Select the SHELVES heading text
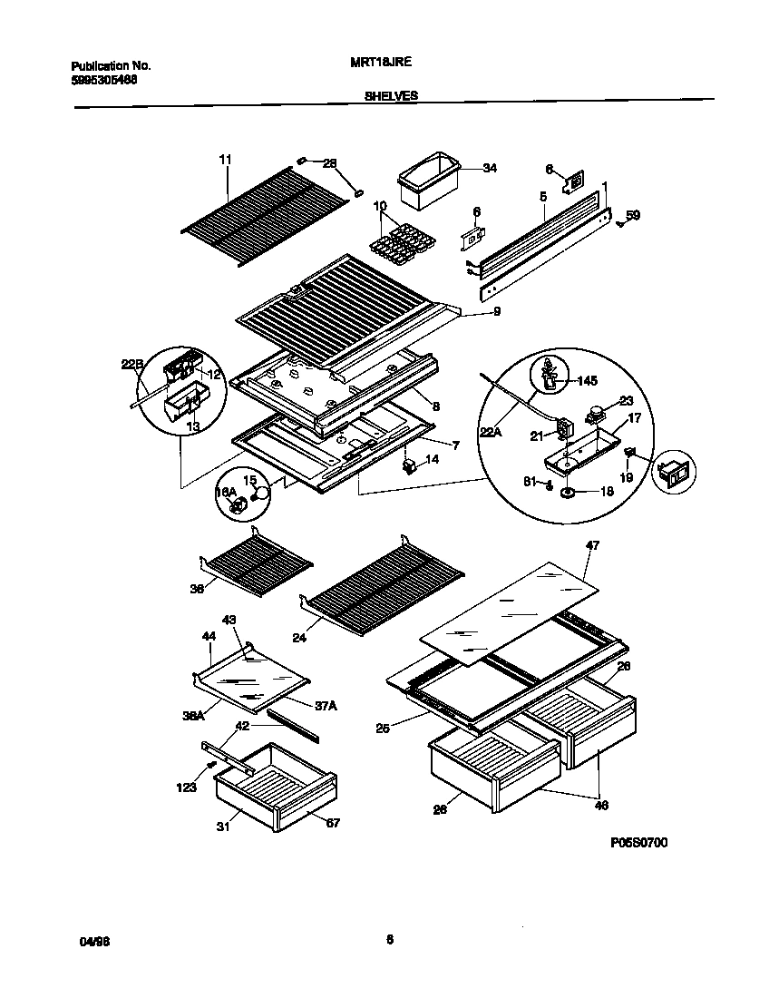coord(391,94)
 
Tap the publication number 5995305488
coord(104,79)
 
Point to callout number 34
coord(490,168)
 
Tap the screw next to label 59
coord(619,221)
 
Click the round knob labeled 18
coord(569,492)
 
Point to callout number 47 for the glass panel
coord(593,544)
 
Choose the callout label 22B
coord(132,365)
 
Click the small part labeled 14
coord(410,465)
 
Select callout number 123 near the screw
coord(187,788)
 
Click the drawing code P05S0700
coord(638,843)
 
